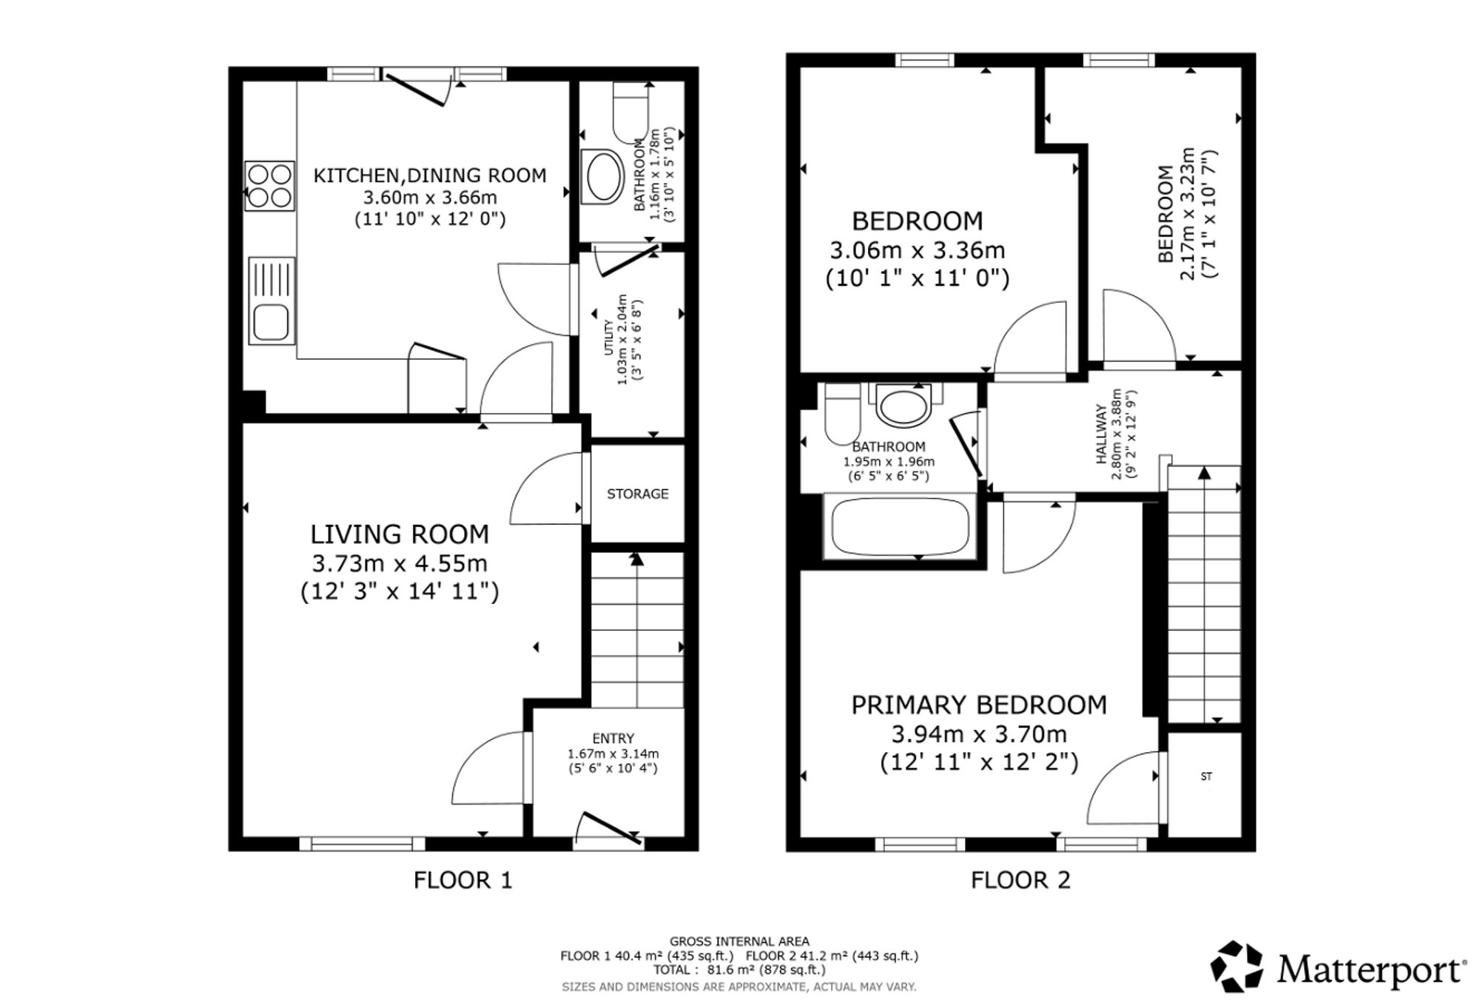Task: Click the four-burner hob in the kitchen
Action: coord(269,186)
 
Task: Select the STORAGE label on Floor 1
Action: coord(638,494)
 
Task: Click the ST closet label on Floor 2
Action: coord(1207,776)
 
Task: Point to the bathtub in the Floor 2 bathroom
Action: coord(900,527)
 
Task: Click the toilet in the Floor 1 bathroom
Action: coord(630,113)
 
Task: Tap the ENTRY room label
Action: coord(613,738)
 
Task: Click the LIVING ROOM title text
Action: coord(400,534)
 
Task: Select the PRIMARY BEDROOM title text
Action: coord(979,705)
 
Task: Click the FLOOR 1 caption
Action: coord(462,880)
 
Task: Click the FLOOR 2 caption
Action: coord(1020,880)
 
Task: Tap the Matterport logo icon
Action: coord(1237,966)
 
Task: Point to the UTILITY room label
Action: coord(609,338)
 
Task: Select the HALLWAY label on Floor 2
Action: coord(1101,434)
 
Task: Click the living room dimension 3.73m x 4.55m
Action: coord(400,563)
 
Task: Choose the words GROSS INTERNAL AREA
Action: coord(739,942)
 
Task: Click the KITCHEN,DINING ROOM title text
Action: coord(430,175)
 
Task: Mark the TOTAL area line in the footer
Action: coord(739,970)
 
